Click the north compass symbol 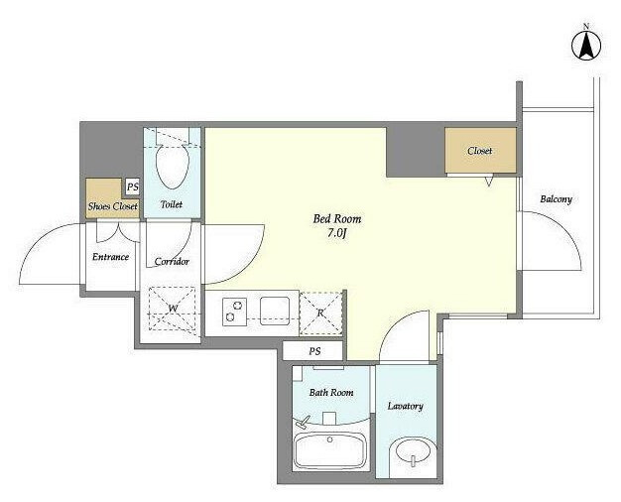point(586,45)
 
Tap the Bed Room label point(337,218)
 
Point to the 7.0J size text point(337,233)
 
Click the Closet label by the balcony point(479,151)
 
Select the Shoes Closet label point(113,206)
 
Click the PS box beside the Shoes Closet point(132,187)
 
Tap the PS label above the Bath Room point(314,351)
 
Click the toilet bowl point(173,165)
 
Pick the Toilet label point(172,204)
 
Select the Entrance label point(110,257)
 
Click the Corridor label point(172,262)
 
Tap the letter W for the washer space point(173,309)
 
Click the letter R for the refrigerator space point(320,314)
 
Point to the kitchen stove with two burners point(234,312)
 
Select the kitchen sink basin point(275,312)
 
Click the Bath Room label point(331,393)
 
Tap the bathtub point(330,451)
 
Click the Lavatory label point(405,406)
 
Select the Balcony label point(557,198)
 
